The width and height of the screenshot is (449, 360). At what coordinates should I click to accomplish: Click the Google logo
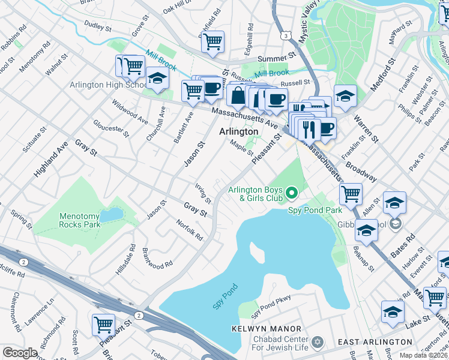[20, 353]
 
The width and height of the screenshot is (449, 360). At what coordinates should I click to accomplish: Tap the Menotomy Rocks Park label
[80, 220]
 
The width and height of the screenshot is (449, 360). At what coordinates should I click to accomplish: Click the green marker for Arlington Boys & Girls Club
[292, 193]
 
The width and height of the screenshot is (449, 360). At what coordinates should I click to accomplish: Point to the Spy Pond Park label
[315, 210]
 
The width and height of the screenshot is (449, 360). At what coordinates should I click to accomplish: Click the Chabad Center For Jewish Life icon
[317, 342]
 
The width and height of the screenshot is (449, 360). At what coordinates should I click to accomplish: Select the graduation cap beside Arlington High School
[157, 79]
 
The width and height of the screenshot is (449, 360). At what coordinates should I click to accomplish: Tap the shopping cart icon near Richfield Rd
[212, 41]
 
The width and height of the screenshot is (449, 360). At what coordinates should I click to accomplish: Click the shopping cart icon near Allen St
[351, 193]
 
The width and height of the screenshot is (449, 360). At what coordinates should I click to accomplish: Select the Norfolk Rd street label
[190, 230]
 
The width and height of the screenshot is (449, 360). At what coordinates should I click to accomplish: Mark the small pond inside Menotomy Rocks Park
[109, 215]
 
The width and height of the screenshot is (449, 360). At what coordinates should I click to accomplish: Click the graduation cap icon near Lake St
[393, 312]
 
